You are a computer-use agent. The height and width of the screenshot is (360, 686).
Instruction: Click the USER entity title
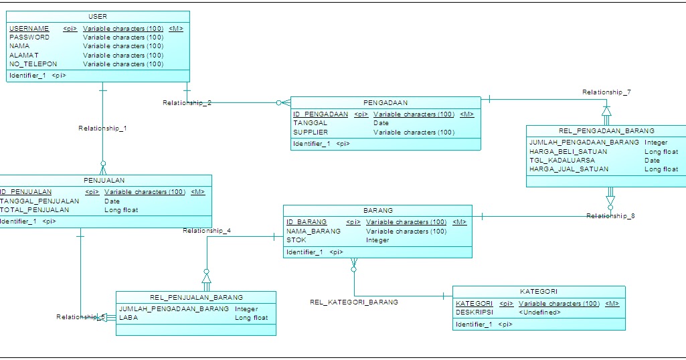point(97,16)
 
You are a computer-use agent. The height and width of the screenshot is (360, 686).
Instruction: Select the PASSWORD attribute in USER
point(29,37)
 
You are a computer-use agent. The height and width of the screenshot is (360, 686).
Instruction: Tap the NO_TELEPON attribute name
point(33,64)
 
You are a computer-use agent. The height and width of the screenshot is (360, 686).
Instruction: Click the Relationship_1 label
point(102,128)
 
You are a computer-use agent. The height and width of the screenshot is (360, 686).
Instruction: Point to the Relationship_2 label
point(187,103)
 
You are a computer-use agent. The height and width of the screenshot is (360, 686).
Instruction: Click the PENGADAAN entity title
point(385,103)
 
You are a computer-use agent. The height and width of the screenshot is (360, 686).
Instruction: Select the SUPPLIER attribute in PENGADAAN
point(311,132)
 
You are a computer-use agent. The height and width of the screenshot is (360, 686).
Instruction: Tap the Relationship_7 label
point(606,92)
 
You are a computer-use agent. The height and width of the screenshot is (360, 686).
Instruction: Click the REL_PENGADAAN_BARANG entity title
point(606,131)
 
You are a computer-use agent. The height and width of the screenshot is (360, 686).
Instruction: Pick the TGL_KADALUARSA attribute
point(562,161)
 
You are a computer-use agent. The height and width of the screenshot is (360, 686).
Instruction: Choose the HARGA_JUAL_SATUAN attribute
point(569,169)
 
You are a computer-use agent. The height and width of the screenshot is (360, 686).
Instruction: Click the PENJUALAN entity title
point(104,181)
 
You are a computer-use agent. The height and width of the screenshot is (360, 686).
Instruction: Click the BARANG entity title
point(378,210)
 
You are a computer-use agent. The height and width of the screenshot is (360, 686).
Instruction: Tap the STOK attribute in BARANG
point(297,240)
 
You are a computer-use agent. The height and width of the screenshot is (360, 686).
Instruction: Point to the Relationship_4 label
point(207,231)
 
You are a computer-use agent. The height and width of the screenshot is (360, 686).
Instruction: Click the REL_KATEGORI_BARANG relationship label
point(353,302)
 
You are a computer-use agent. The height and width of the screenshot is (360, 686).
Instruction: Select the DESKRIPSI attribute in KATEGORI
point(474,312)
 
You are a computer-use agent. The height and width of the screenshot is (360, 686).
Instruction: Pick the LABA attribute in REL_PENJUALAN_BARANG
point(127,318)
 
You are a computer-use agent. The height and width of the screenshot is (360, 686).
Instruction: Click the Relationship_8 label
point(610,216)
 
